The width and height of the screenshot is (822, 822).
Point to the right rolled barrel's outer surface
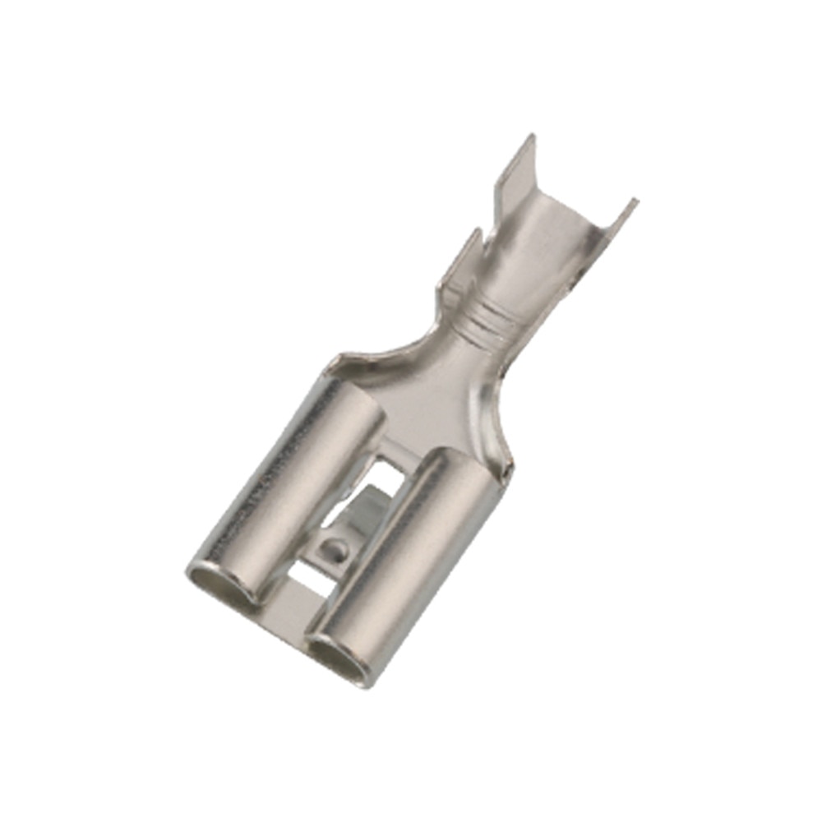click(x=403, y=551)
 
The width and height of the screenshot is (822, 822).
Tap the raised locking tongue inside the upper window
click(x=362, y=514)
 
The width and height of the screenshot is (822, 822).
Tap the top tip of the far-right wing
click(x=635, y=201)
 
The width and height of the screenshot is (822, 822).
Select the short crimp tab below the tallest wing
click(x=460, y=263)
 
